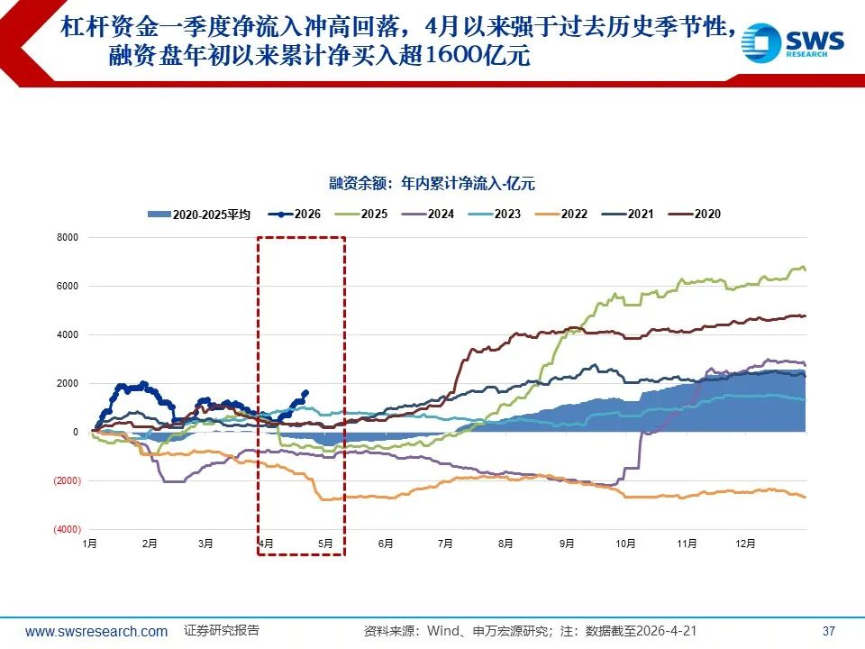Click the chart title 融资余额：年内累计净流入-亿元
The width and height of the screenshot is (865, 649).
pyautogui.click(x=432, y=184)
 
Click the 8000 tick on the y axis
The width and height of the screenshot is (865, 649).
pyautogui.click(x=69, y=238)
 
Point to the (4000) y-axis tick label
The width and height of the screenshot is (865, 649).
pyautogui.click(x=68, y=529)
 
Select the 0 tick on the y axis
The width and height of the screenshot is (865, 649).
pyautogui.click(x=76, y=433)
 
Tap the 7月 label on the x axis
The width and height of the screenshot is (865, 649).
pyautogui.click(x=445, y=544)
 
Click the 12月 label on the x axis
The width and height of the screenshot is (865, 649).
pyautogui.click(x=745, y=544)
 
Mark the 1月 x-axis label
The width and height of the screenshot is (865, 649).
pyautogui.click(x=89, y=544)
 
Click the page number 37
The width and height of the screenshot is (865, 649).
pyautogui.click(x=830, y=631)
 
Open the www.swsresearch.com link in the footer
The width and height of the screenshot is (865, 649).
pyautogui.click(x=96, y=631)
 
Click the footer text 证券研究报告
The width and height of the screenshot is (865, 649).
pyautogui.click(x=222, y=630)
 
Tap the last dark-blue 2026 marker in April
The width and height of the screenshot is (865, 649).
pyautogui.click(x=305, y=392)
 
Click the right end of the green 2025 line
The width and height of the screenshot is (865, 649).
pyautogui.click(x=804, y=270)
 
